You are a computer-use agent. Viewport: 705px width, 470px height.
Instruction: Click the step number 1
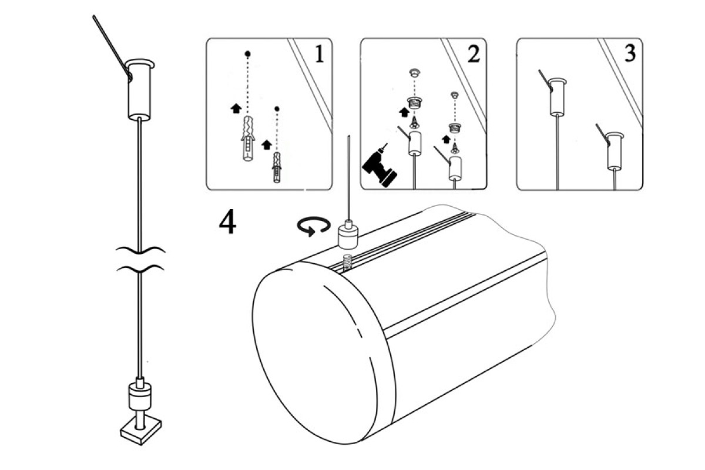318,54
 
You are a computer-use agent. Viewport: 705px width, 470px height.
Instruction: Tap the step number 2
473,54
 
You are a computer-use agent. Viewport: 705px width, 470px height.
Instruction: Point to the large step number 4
228,222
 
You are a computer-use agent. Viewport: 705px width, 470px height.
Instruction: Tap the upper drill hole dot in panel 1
248,53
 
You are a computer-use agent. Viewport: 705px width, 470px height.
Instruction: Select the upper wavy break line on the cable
140,251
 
